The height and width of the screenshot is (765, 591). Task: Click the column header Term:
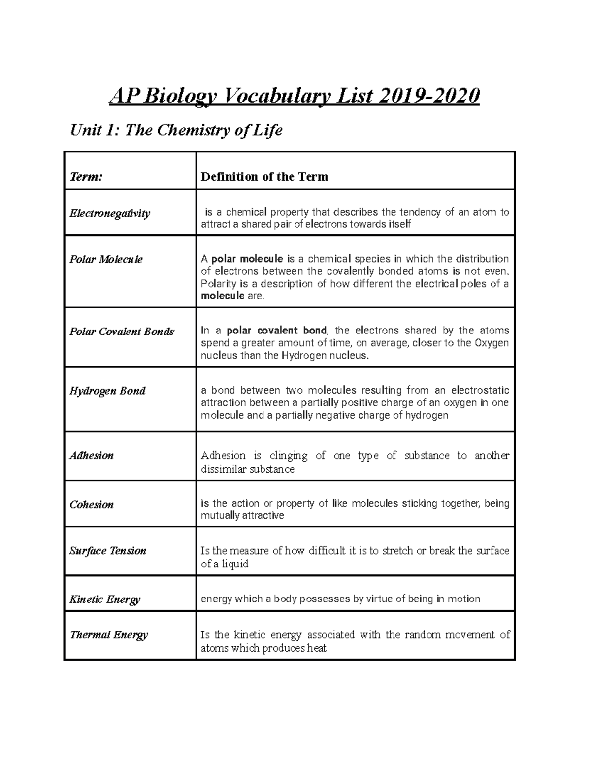(86, 177)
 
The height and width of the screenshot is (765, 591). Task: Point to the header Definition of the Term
(264, 177)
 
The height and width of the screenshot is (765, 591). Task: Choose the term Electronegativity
(110, 213)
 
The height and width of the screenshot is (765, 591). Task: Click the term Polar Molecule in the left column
(106, 259)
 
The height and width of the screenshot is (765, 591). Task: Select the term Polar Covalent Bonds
(122, 332)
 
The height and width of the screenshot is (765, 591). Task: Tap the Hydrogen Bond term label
(107, 391)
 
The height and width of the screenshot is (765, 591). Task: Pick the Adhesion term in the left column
(92, 455)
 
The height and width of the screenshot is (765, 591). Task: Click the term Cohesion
(92, 504)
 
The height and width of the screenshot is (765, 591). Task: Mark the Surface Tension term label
(108, 550)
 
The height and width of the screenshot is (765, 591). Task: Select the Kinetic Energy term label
(105, 599)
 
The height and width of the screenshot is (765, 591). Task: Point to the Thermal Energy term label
(109, 635)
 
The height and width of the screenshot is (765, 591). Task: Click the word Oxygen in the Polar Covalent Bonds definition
(492, 343)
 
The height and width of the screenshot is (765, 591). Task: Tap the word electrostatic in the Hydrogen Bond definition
(480, 390)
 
